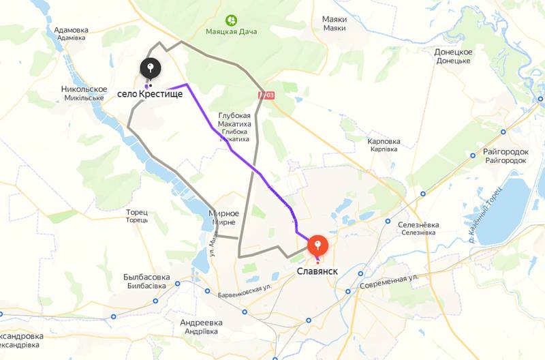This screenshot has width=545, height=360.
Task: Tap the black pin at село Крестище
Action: (x=151, y=67)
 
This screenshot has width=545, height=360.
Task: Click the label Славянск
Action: (x=317, y=271)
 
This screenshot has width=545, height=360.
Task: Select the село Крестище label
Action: (x=150, y=93)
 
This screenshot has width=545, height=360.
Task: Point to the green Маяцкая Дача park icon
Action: (x=231, y=20)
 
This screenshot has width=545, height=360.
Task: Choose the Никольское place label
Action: (x=84, y=89)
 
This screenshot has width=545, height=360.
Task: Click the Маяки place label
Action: (x=334, y=20)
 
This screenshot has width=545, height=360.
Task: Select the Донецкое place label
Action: (x=453, y=52)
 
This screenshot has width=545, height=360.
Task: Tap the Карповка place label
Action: (x=384, y=142)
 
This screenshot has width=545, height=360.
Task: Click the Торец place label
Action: (x=136, y=212)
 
